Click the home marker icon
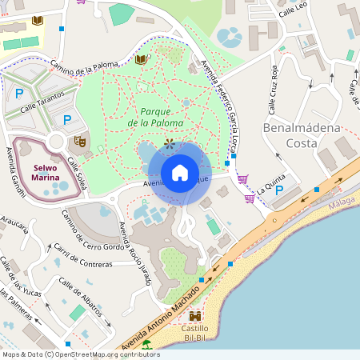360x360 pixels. tap(180, 173)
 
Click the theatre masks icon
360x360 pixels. tap(80, 141)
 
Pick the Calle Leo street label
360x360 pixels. tap(293, 14)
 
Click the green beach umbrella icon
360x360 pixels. tap(146, 345)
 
